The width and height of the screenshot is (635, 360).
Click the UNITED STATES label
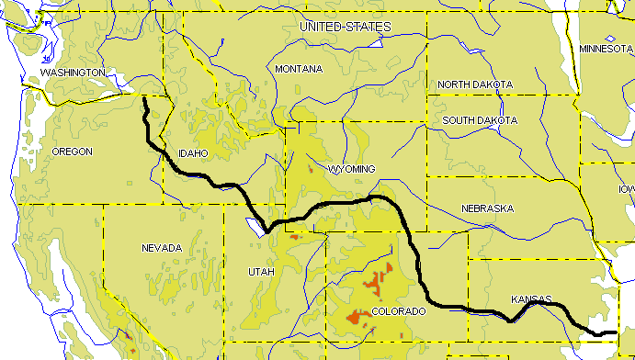click(346, 28)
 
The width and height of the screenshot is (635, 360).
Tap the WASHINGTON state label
click(73, 72)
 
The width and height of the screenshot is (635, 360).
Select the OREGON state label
click(73, 152)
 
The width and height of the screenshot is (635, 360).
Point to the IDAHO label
click(193, 152)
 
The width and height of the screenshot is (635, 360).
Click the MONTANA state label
click(300, 69)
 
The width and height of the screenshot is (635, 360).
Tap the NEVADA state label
click(163, 248)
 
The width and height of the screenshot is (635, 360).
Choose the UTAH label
click(261, 272)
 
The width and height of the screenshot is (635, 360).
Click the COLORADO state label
click(398, 312)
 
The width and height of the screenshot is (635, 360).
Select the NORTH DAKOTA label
click(475, 84)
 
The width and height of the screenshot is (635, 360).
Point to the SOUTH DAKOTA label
click(480, 120)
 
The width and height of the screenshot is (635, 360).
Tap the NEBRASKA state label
click(487, 208)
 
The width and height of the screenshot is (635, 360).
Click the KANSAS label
click(531, 299)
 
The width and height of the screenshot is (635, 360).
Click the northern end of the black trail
click(144, 96)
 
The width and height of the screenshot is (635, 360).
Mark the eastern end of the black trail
click(616, 332)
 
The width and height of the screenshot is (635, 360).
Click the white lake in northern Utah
click(253, 224)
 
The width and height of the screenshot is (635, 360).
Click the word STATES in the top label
click(369, 28)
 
